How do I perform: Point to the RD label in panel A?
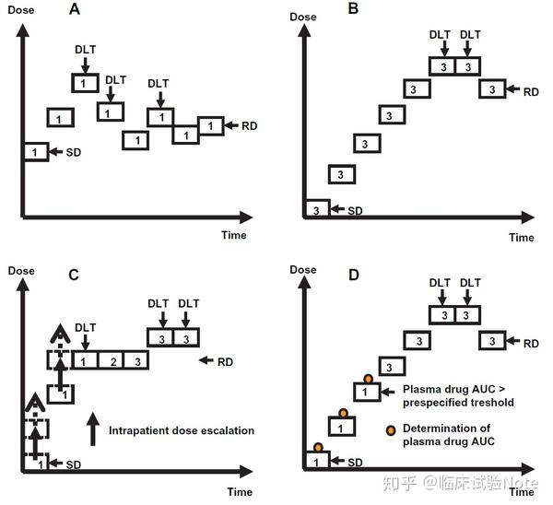coord(250,125)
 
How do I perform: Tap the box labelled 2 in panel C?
coord(110,360)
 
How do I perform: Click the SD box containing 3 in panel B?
coord(316,210)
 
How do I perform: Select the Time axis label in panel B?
coord(522,238)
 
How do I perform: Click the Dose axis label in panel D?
coord(303,270)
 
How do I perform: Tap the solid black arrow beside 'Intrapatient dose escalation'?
coord(91,430)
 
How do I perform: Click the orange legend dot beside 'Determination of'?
coord(391,430)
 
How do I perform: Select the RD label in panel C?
coord(226,360)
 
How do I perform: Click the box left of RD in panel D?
coord(492,342)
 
